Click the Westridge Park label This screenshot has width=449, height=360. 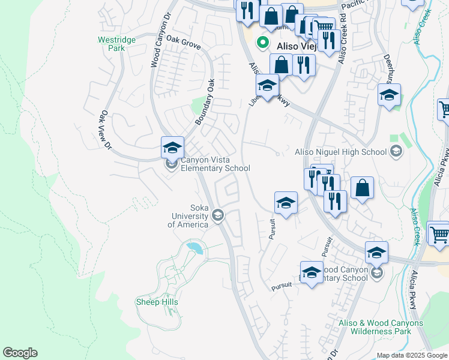[116, 44]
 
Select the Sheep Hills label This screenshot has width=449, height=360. [157, 302]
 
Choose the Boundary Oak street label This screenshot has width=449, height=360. [205, 104]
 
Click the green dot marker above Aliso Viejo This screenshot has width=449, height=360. [262, 43]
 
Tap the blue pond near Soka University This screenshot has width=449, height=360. [194, 247]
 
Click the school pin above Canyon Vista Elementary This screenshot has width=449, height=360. [172, 148]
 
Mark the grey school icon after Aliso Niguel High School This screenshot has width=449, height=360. [396, 152]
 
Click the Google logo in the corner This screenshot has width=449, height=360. [20, 353]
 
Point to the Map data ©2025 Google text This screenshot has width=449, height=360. [412, 355]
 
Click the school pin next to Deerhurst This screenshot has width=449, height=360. [389, 95]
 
